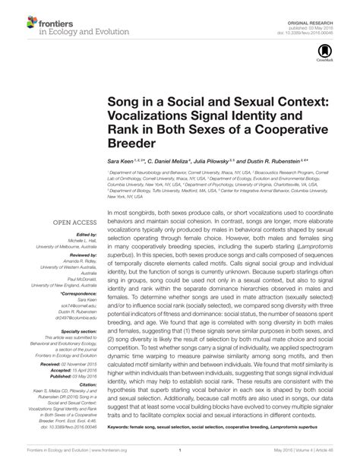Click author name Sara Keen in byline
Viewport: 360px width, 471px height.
[x=121, y=162]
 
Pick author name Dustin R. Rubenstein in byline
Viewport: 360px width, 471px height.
[x=276, y=162]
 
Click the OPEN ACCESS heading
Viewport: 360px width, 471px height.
[x=71, y=223]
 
